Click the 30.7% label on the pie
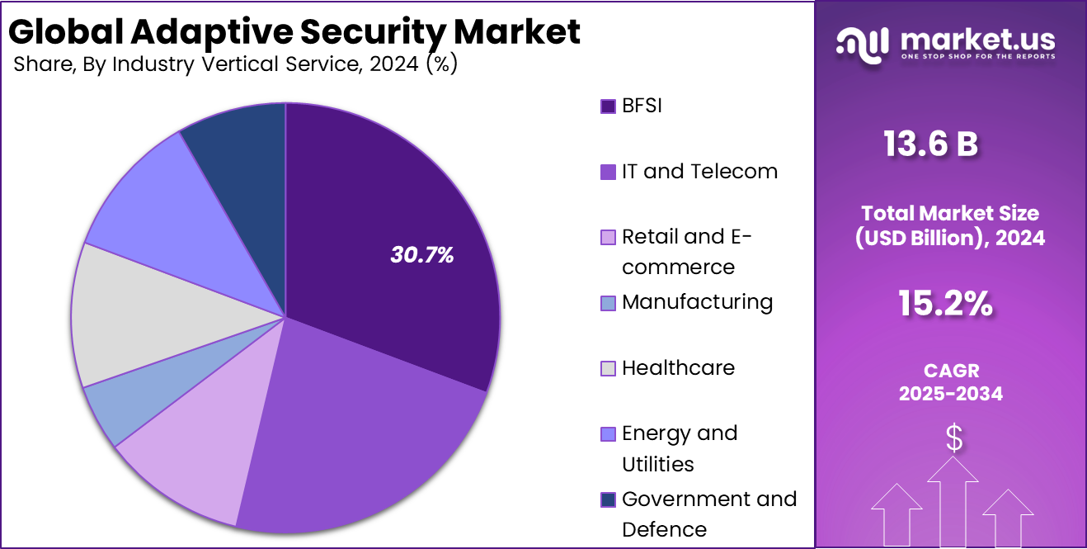422,255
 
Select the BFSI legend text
642,106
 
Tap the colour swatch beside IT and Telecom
608,173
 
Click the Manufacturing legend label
697,302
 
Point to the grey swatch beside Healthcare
608,369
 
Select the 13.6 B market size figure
930,144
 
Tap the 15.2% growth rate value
945,305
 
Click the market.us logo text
977,39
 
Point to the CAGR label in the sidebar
951,372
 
